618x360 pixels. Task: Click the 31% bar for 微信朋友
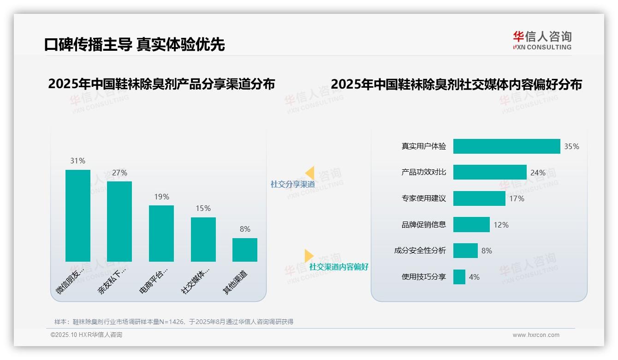pyautogui.click(x=78, y=216)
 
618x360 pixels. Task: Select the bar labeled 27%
pyautogui.click(x=119, y=222)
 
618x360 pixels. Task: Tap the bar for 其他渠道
pyautogui.click(x=245, y=250)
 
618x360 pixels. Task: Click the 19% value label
pyautogui.click(x=161, y=197)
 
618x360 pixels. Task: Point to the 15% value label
pyautogui.click(x=203, y=208)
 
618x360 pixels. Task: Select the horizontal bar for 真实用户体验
pyautogui.click(x=506, y=146)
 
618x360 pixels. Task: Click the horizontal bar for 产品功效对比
pyautogui.click(x=489, y=172)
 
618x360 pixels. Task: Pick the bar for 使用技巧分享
pyautogui.click(x=459, y=277)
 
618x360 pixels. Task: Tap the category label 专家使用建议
pyautogui.click(x=423, y=198)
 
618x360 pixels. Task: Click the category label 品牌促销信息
pyautogui.click(x=423, y=225)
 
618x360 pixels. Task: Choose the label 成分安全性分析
pyautogui.click(x=420, y=251)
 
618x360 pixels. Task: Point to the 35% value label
pyautogui.click(x=571, y=146)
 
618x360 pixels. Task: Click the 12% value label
pyautogui.click(x=501, y=225)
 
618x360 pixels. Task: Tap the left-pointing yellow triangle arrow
pyautogui.click(x=310, y=173)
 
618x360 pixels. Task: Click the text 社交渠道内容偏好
pyautogui.click(x=339, y=267)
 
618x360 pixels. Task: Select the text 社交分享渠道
pyautogui.click(x=292, y=184)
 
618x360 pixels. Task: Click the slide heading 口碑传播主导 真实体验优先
pyautogui.click(x=134, y=44)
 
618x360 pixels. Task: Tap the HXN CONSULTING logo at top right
pyautogui.click(x=542, y=41)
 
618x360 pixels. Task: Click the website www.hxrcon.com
pyautogui.click(x=535, y=335)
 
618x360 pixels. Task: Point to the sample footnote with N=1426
pyautogui.click(x=174, y=322)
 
